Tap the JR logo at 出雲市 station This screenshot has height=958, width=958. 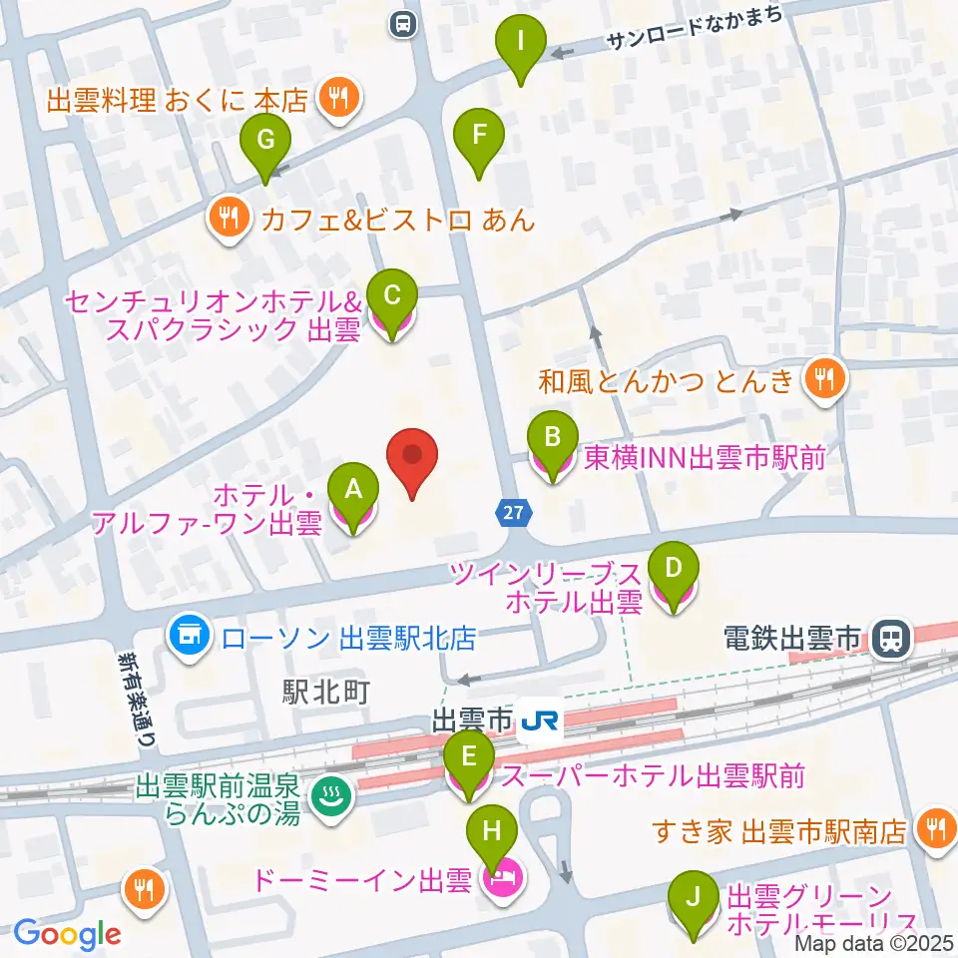point(540,718)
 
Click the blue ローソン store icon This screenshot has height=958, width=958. point(188,634)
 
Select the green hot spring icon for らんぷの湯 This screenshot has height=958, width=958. point(326,794)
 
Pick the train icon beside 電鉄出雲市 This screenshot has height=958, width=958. point(886,636)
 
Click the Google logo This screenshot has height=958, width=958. point(67,934)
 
